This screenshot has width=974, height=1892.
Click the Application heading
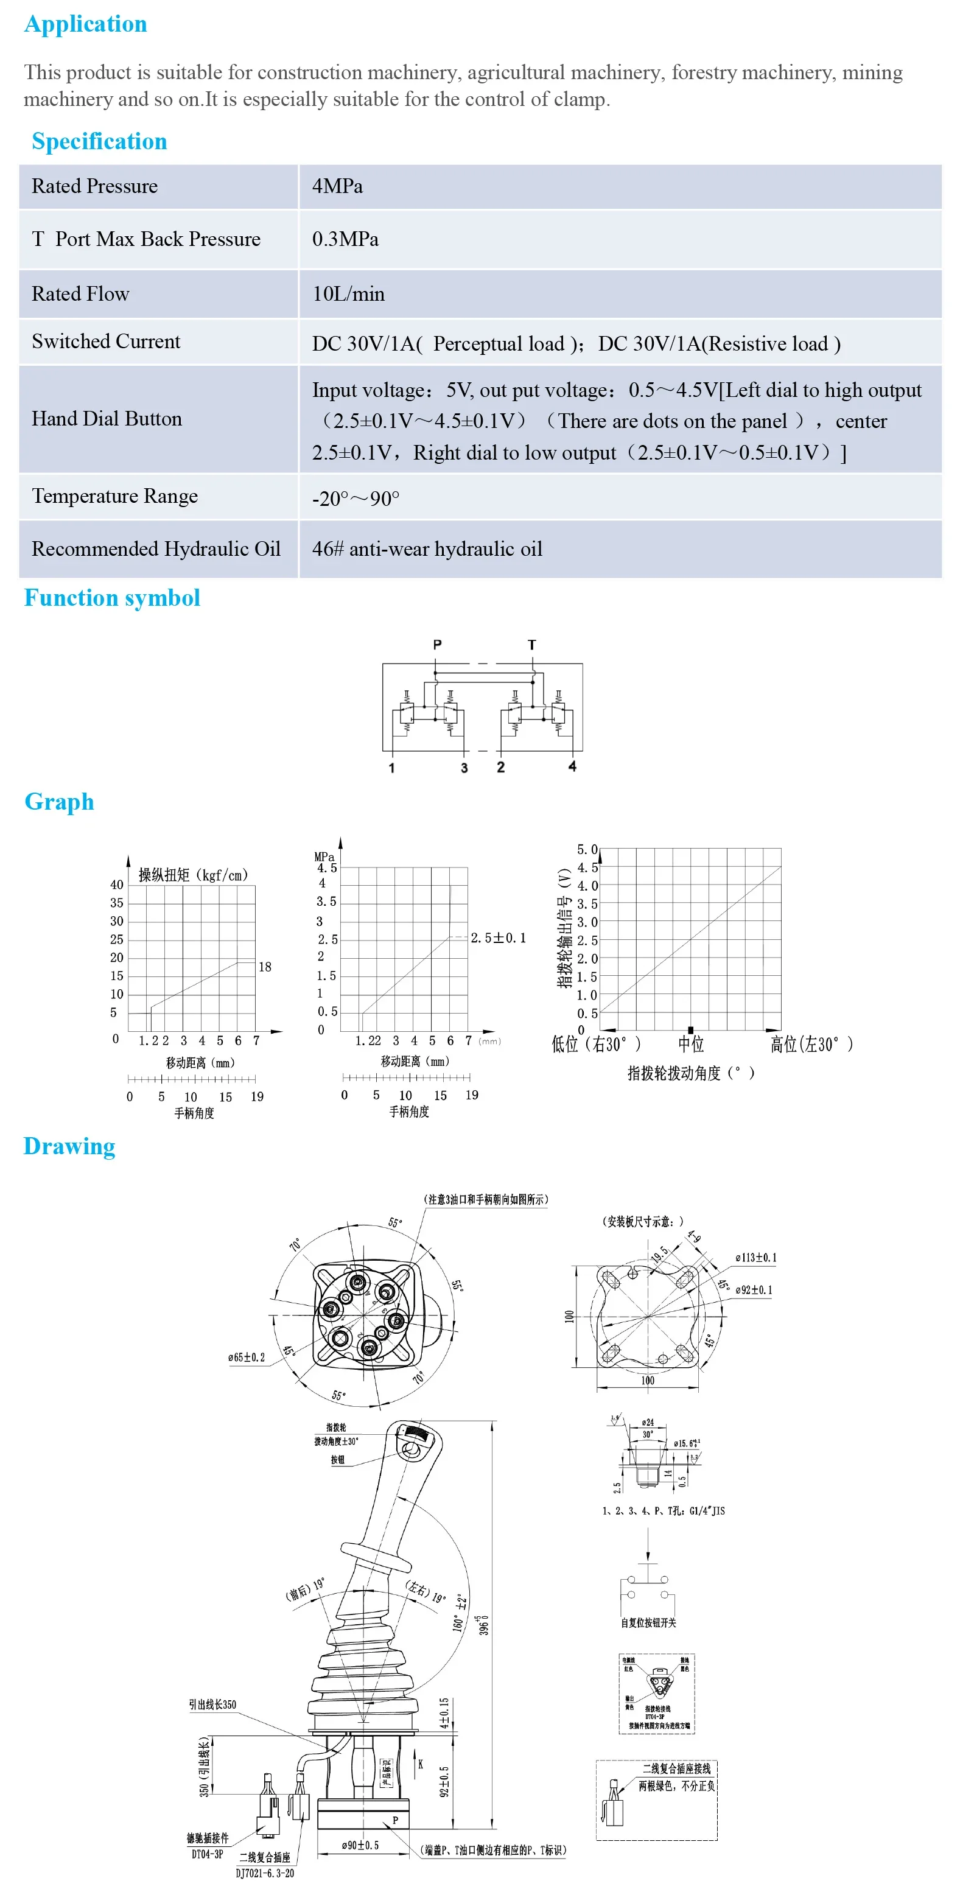[x=85, y=24]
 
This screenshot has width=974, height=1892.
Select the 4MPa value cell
[x=337, y=186]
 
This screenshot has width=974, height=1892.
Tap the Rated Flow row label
[x=80, y=294]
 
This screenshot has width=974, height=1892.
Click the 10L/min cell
[x=348, y=294]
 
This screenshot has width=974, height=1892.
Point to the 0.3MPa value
[x=345, y=239]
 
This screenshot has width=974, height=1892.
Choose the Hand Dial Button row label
[x=107, y=419]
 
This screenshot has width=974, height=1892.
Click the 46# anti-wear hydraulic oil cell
[x=427, y=548]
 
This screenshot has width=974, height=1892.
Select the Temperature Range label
[x=114, y=497]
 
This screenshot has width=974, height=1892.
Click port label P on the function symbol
[x=437, y=644]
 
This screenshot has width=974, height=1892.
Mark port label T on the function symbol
[x=532, y=644]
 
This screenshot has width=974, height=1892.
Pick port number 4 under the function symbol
[x=572, y=766]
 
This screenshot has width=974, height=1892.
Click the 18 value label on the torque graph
[x=264, y=967]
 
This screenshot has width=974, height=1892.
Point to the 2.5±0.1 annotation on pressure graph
[x=498, y=938]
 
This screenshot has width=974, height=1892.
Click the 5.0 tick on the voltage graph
[x=587, y=849]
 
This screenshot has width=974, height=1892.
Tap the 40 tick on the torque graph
[x=117, y=885]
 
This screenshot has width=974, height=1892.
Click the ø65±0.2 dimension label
[x=246, y=1358]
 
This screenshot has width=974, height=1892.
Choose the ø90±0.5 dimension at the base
[x=360, y=1845]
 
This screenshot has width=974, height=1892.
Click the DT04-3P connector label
[x=207, y=1854]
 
